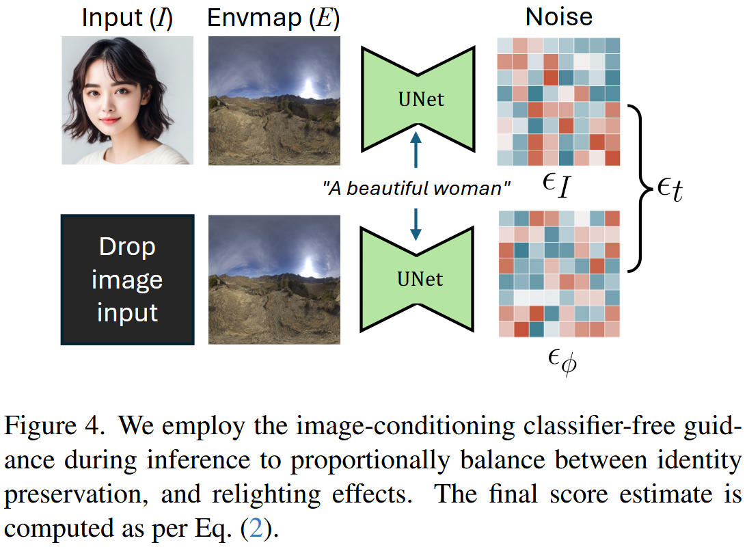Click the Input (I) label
tap(127, 18)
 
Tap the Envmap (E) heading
tap(273, 18)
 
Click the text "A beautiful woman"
tap(417, 188)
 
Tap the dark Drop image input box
tap(127, 279)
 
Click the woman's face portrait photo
tap(127, 101)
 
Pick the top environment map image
tap(273, 101)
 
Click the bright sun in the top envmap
tap(310, 88)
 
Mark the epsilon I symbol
tap(558, 186)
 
